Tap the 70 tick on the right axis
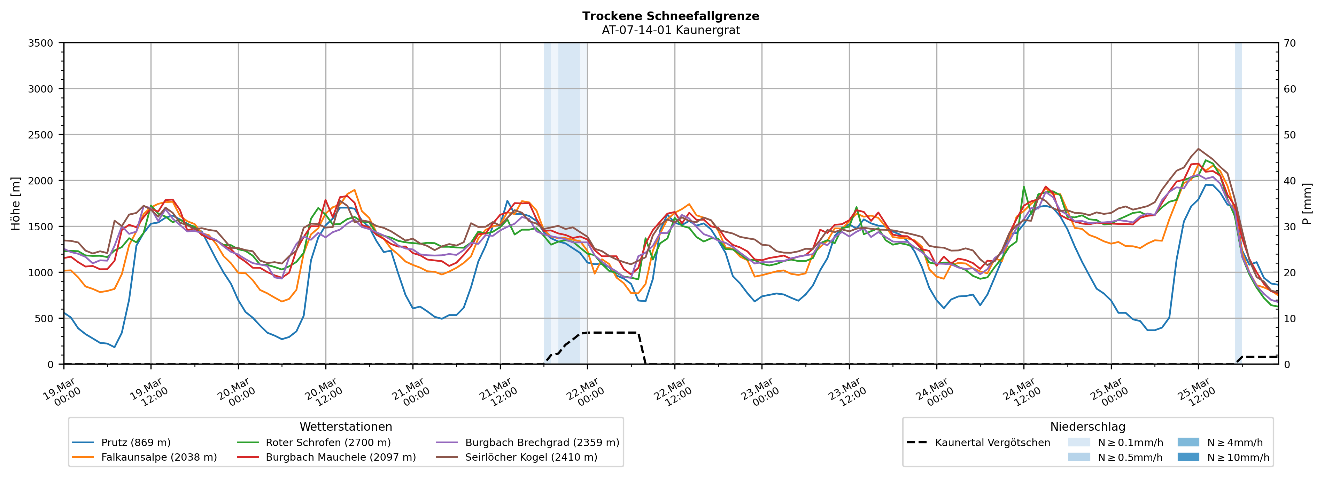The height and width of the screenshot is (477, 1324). tap(1290, 43)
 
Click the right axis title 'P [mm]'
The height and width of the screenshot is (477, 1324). tap(1307, 203)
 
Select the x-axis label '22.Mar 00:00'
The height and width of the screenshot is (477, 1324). tap(585, 393)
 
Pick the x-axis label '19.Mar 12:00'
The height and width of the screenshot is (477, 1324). tap(148, 393)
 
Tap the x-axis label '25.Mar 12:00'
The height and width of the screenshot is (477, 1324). tap(1196, 393)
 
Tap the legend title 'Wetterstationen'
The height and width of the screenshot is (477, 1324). tap(346, 427)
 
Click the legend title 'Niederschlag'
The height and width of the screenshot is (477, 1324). tap(1087, 427)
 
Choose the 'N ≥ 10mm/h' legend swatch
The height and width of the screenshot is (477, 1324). tap(1188, 457)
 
